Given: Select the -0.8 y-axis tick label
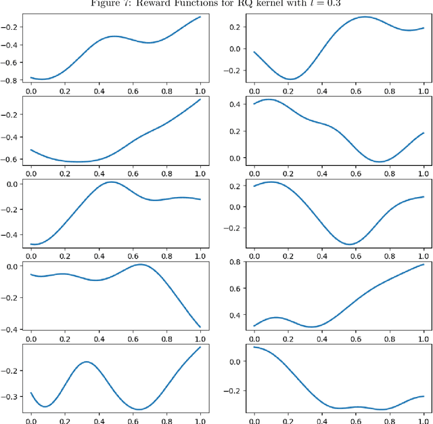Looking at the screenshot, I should pyautogui.click(x=12, y=81).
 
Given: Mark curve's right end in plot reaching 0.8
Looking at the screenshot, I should pyautogui.click(x=424, y=265).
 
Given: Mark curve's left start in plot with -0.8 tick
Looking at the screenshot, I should pyautogui.click(x=30, y=77).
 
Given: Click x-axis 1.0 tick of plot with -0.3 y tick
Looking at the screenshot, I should pyautogui.click(x=200, y=420).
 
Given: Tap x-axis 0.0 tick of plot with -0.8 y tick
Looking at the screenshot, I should pyautogui.click(x=30, y=89).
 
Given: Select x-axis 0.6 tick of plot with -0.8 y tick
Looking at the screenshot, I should pyautogui.click(x=133, y=89).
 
